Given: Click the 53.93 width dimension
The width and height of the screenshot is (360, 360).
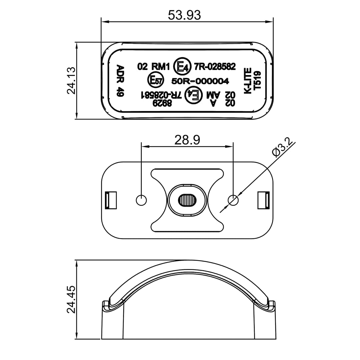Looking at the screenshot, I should coord(184,15).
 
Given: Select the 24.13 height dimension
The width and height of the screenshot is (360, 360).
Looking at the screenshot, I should coord(71,80).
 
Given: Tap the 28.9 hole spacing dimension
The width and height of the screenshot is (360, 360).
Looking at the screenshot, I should coord(187,140).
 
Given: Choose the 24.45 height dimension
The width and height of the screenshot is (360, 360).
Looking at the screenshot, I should coord(71,299).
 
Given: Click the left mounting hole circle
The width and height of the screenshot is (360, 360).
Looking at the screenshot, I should coord(141,200).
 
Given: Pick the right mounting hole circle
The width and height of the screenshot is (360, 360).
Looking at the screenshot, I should coord(233,200).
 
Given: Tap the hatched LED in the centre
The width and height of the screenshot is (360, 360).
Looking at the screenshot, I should coord(187,200).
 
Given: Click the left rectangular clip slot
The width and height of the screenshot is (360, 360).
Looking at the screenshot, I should coord(111,200).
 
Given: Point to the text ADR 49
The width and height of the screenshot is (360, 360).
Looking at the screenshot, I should coord(120,81).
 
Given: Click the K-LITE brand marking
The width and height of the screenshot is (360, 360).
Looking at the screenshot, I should coord(248,80).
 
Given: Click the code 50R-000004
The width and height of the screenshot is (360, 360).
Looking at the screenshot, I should coord(200,81).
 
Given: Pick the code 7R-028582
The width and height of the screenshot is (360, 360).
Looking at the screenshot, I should coord(215,67).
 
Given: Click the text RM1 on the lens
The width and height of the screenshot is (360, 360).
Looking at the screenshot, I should coord(161,67).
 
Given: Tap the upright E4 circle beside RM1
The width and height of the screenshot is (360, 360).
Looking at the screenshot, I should coord(183,66).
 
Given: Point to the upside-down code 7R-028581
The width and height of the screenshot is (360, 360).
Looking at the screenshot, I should coord(162,95).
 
